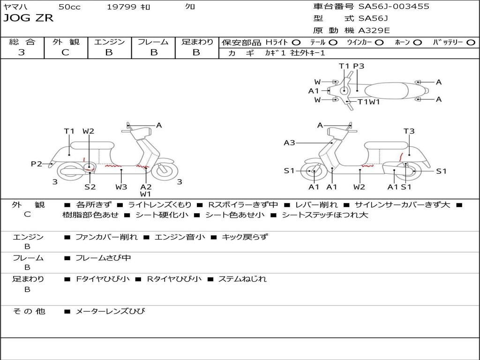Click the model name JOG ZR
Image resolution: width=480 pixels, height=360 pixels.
pos(28,18)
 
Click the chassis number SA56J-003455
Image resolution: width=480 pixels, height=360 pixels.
pos(394,7)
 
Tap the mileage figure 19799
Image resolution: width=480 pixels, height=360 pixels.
pos(121,7)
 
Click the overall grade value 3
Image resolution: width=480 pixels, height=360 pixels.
pos(22,52)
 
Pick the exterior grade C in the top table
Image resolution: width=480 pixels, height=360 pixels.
pos(66,52)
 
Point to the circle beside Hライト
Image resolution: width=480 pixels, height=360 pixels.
pos(296,43)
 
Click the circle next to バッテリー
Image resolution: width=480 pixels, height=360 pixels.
pos(471,43)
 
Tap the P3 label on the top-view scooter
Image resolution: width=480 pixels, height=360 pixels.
pos(359,66)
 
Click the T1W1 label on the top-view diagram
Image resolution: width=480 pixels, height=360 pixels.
pos(368,102)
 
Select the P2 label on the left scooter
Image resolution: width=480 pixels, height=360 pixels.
pos(37,164)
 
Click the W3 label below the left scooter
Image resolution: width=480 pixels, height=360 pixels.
pos(121,187)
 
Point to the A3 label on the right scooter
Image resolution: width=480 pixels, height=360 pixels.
pos(289,142)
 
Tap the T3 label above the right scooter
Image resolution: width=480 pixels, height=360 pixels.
pos(409,131)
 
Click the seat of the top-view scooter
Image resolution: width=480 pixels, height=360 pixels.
pos(386,91)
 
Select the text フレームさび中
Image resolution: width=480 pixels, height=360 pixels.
pos(103,258)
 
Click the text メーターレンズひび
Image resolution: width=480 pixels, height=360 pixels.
pos(110,311)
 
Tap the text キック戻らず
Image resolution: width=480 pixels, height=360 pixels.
pos(245,237)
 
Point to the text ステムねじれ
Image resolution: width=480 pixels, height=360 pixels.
pos(242,279)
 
